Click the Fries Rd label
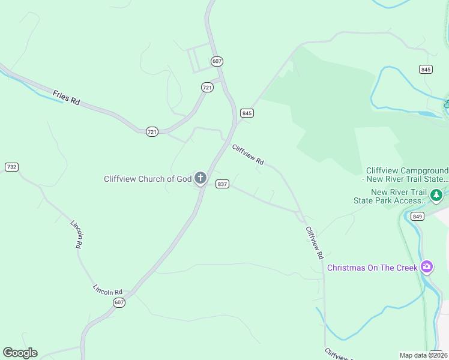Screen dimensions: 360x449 (66, 98)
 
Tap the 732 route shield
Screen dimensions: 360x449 (11, 166)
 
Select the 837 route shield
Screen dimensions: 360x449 (222, 184)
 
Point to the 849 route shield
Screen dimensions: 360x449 (418, 216)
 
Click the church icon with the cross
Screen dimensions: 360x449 (200, 178)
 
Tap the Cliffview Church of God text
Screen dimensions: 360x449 (147, 179)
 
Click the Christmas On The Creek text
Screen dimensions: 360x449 (372, 268)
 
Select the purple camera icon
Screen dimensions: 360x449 (427, 266)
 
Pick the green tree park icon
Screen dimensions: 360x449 (436, 196)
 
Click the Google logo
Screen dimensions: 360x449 (20, 353)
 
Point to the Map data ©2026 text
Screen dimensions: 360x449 (424, 355)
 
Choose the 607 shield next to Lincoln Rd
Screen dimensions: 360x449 (119, 302)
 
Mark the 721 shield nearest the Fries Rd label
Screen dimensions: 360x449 (152, 131)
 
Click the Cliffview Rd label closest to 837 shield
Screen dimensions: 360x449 (248, 154)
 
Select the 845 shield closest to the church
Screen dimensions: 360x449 (247, 113)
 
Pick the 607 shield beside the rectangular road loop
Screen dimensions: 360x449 (217, 61)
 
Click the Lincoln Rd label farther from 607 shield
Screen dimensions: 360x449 (76, 234)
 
